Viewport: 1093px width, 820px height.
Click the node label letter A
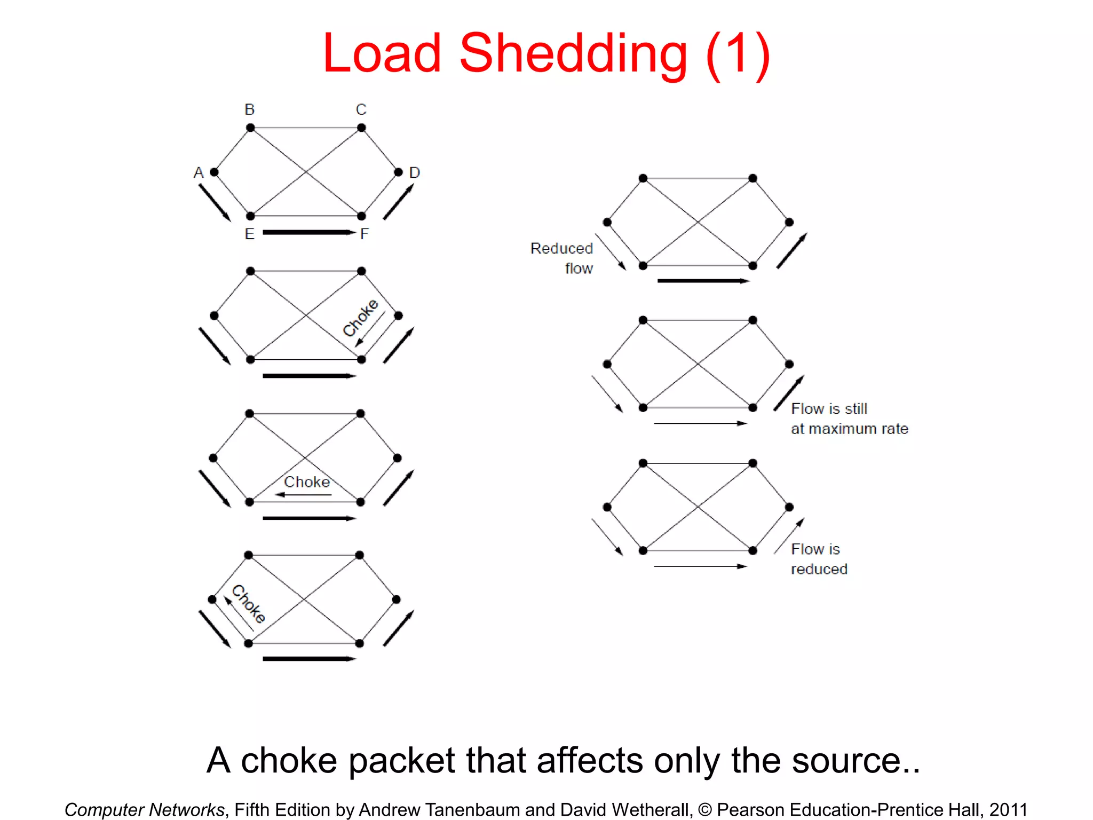coord(199,172)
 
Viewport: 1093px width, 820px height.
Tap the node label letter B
coord(250,109)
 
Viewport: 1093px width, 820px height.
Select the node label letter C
coord(361,109)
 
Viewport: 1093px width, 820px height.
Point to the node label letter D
coord(415,172)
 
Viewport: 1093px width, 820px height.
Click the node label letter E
coord(249,234)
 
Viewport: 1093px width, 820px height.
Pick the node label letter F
coord(365,234)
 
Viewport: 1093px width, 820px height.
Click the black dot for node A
coord(215,172)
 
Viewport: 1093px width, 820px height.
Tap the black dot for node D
coord(398,172)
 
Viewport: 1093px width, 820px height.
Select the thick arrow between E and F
coord(308,232)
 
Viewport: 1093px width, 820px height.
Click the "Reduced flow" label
coord(562,258)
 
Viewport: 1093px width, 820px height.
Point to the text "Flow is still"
coord(829,409)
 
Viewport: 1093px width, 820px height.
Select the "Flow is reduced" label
coord(818,559)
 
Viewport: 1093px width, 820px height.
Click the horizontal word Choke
coord(307,482)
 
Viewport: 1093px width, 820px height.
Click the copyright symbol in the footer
coord(705,809)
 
